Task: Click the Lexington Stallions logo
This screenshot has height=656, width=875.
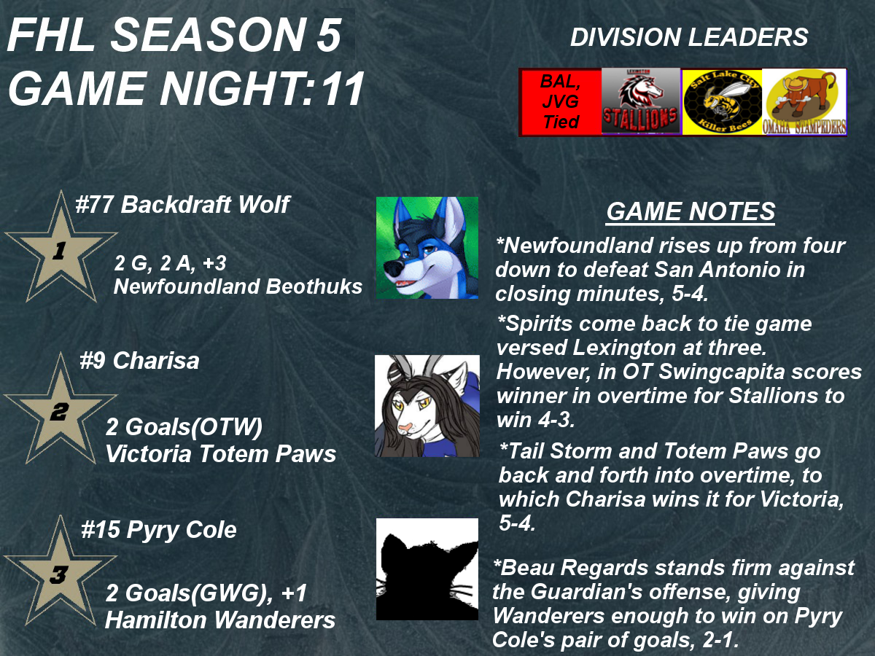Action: point(641,101)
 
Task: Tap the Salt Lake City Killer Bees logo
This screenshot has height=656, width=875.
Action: point(722,102)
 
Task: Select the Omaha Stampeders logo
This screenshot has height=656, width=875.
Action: point(804,102)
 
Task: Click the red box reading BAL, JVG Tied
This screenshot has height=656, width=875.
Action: point(561,102)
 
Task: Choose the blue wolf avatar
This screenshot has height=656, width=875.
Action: point(427,247)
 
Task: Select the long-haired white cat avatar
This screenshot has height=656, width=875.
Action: point(427,406)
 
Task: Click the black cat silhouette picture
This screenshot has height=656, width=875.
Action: point(427,569)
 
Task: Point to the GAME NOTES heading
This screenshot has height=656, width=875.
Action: point(691,211)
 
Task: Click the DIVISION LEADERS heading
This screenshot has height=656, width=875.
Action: point(689,37)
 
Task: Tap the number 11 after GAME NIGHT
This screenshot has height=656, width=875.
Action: point(343,88)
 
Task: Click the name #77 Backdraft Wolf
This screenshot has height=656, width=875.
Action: point(182,205)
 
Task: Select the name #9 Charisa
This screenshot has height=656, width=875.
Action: point(139,361)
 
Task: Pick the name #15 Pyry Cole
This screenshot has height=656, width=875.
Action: point(159,531)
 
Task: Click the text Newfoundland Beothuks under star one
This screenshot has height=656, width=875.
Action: point(238,286)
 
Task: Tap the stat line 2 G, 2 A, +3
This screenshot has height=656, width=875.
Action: point(170,264)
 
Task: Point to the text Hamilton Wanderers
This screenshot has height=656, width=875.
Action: point(220,620)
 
